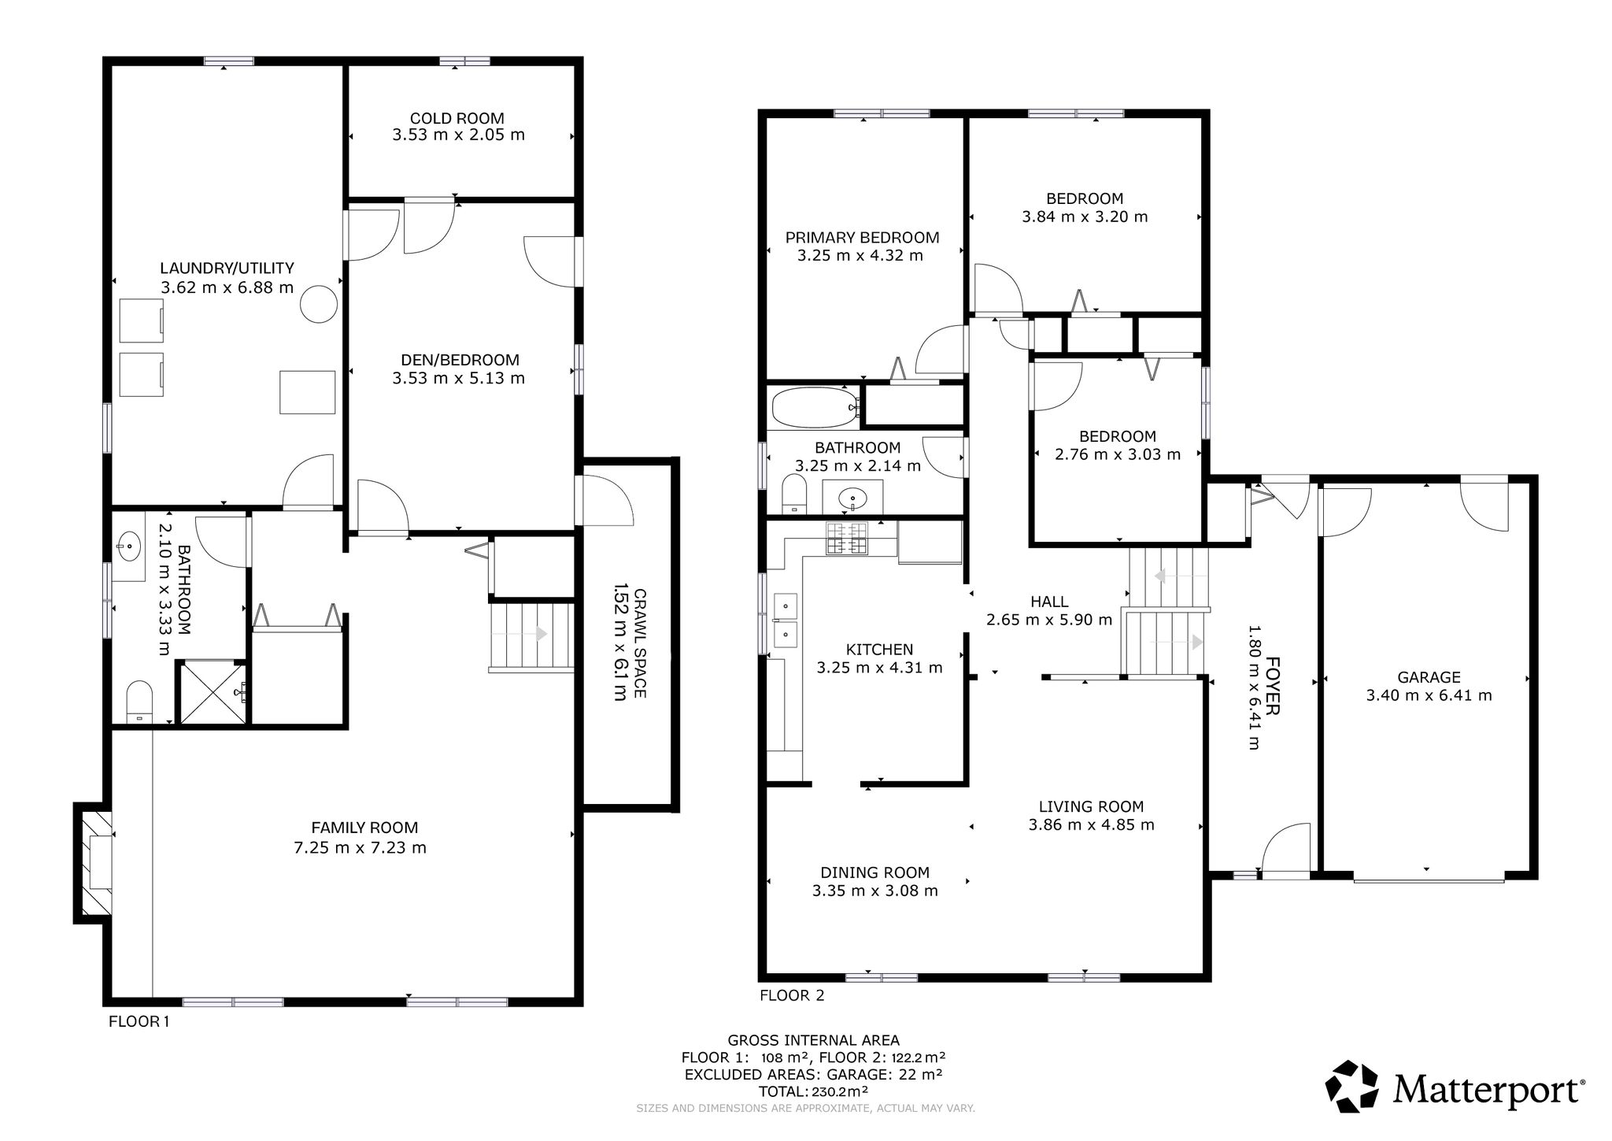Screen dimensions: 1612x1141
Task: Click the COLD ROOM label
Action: [457, 119]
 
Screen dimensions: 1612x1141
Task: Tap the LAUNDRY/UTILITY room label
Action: [227, 269]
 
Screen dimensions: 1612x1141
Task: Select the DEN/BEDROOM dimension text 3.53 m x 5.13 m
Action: [458, 379]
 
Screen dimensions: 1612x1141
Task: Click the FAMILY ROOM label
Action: [364, 828]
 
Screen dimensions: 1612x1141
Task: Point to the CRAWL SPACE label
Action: [640, 643]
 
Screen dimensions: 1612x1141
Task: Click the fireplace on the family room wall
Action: [94, 861]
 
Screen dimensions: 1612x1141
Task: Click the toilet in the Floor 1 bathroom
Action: [139, 702]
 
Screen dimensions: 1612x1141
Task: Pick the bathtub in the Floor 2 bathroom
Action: [815, 407]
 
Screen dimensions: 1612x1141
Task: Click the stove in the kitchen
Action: [845, 539]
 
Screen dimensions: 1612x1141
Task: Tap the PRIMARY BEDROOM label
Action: [862, 238]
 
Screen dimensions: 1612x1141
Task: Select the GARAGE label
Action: [1429, 677]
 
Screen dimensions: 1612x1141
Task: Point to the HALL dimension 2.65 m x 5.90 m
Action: [1049, 621]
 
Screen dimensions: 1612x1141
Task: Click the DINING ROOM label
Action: [874, 872]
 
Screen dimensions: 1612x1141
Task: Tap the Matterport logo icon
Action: [1351, 1087]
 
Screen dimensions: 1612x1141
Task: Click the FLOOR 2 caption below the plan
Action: [792, 996]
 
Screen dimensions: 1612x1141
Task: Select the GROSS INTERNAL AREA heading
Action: [813, 1040]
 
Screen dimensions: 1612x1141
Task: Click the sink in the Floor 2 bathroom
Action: [852, 498]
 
